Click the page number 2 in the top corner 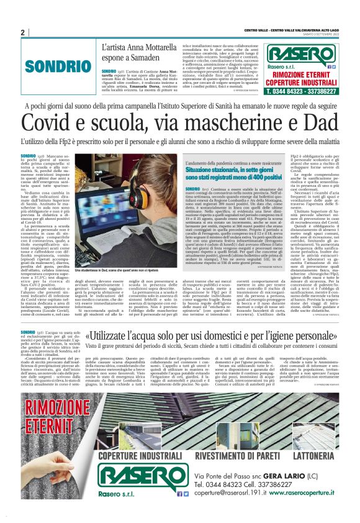tap(23, 32)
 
